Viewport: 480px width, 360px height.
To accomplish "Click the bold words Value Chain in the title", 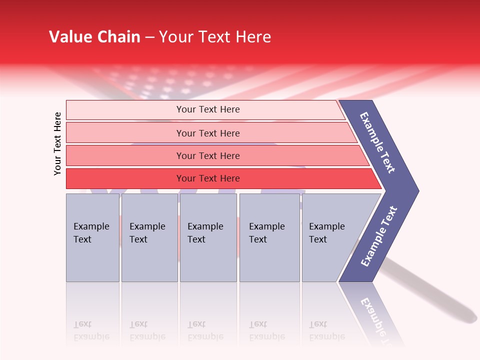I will pos(94,37).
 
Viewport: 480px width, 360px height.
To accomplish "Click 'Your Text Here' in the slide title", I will pos(215,37).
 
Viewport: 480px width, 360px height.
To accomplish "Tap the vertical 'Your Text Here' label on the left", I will pos(58,143).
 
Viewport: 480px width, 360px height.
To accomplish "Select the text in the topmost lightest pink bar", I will pos(208,109).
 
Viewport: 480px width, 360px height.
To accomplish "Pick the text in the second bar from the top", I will pos(208,133).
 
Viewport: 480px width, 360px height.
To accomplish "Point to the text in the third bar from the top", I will pos(208,155).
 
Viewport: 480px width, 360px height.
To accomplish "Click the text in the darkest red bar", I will pos(208,178).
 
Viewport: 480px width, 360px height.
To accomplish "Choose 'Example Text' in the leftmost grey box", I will pos(91,232).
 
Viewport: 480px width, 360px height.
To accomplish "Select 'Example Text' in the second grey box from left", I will pos(147,232).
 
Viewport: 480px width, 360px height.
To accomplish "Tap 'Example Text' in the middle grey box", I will pos(205,232).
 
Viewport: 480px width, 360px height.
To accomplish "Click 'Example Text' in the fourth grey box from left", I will pos(266,232).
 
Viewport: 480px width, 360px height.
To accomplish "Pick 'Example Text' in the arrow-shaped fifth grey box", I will pos(326,232).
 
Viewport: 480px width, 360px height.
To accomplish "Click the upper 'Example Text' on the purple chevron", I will pos(377,142).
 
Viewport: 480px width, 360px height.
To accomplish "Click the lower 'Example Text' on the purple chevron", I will pos(378,236).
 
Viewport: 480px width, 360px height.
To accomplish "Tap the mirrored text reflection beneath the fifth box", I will pos(326,330).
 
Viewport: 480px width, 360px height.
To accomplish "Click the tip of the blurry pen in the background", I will pos(472,316).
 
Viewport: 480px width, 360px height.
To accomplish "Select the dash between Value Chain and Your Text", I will pos(149,37).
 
